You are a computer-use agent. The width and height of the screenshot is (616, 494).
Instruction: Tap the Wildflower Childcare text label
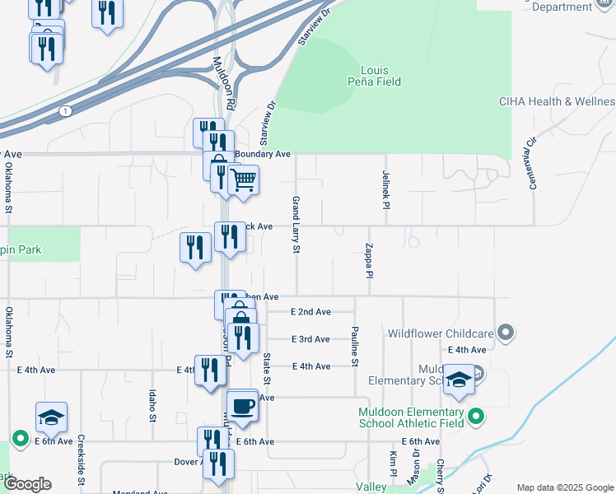pyautogui.click(x=441, y=333)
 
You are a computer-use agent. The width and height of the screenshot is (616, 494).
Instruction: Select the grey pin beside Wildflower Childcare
pyautogui.click(x=506, y=333)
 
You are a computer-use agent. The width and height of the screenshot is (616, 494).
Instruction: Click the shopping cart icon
pyautogui.click(x=243, y=179)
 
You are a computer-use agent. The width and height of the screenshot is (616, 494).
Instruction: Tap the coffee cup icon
pyautogui.click(x=242, y=406)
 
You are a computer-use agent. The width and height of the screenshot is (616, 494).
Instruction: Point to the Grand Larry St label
pyautogui.click(x=294, y=224)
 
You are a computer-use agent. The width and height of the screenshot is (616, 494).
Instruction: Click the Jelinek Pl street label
pyautogui.click(x=385, y=189)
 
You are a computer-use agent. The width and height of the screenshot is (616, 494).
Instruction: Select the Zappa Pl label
pyautogui.click(x=371, y=260)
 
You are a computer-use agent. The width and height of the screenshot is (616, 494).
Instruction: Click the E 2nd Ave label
pyautogui.click(x=310, y=312)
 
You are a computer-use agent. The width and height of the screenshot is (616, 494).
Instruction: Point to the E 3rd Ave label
pyautogui.click(x=310, y=339)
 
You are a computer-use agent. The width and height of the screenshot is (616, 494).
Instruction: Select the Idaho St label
pyautogui.click(x=152, y=407)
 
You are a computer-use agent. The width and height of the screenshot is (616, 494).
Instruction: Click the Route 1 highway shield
pyautogui.click(x=64, y=110)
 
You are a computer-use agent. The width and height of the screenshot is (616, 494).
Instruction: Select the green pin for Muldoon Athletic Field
pyautogui.click(x=475, y=417)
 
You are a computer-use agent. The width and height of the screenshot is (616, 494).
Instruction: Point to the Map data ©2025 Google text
pyautogui.click(x=565, y=487)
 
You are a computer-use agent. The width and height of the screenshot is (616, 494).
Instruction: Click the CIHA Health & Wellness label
pyautogui.click(x=557, y=101)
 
